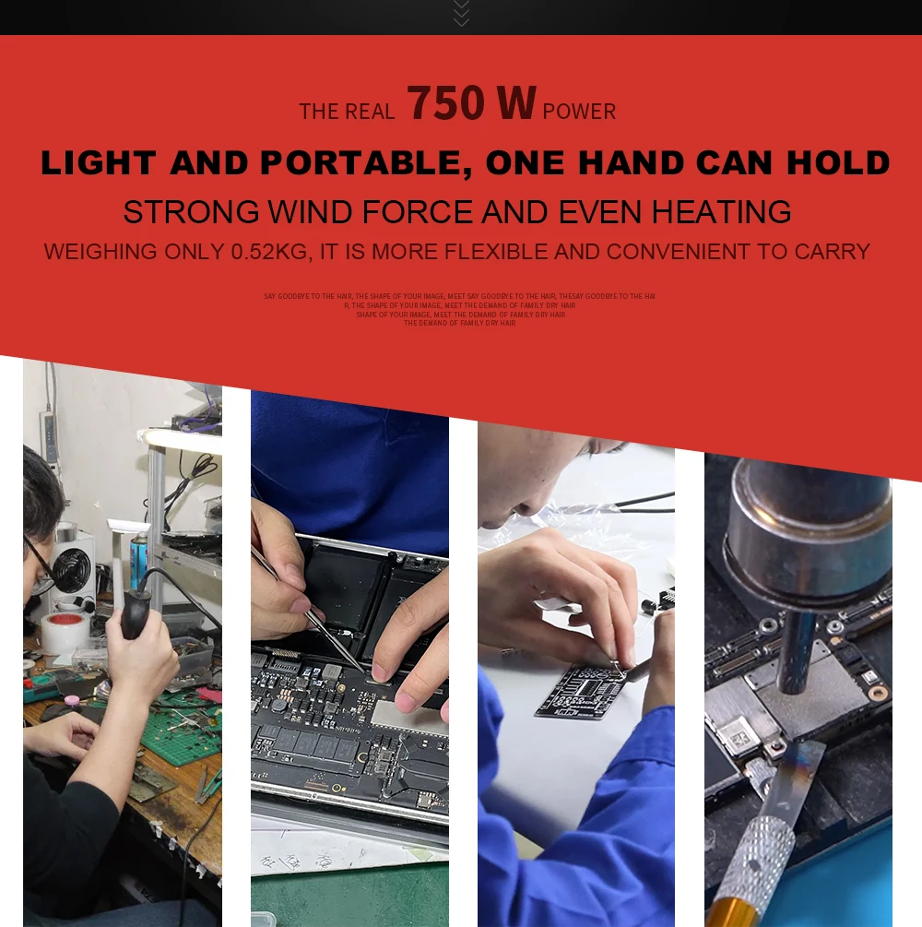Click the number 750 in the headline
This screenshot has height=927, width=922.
point(445,103)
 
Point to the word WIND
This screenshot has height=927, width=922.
point(310,212)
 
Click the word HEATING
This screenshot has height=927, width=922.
point(721,212)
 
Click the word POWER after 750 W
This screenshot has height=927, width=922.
point(579,112)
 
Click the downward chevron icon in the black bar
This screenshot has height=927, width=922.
point(461,13)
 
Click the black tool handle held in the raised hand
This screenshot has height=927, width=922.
point(136,614)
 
